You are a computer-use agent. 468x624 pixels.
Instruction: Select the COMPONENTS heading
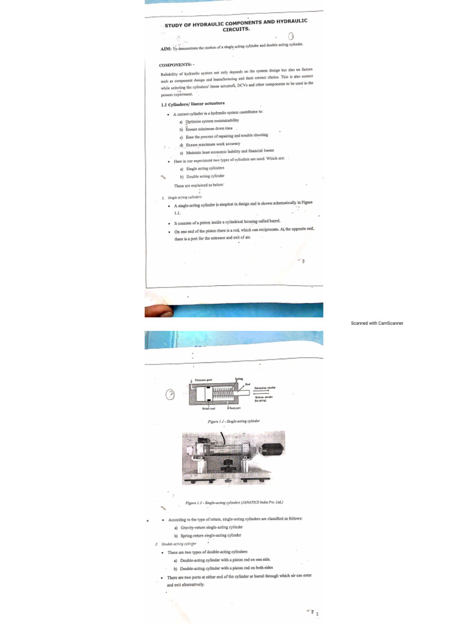point(176,65)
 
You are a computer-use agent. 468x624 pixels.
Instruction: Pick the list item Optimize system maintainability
point(205,121)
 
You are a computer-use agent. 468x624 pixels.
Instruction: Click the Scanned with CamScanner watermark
point(377,323)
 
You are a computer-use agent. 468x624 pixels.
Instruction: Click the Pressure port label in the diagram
point(204,380)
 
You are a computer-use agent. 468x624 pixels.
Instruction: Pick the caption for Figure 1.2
point(234,503)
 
